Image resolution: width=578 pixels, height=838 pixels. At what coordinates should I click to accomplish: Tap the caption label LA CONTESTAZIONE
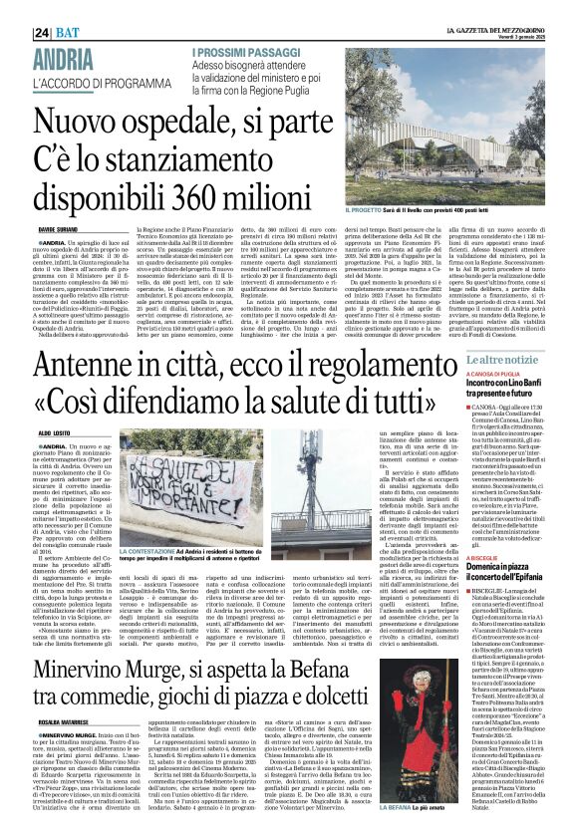tap(150, 549)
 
